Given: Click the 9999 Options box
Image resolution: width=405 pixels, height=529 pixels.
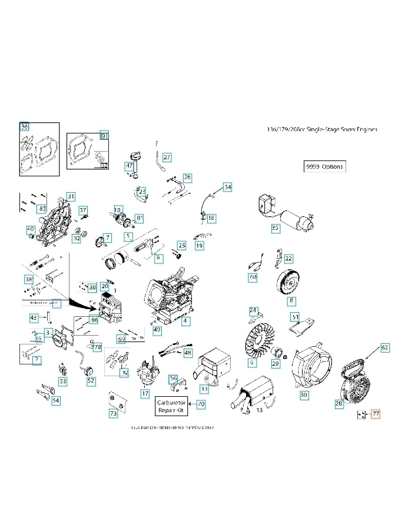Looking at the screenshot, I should [324, 166].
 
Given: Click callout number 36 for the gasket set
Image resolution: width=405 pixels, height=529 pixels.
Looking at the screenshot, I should [24, 126].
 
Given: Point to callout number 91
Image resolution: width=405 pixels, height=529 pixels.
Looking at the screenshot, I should [105, 136].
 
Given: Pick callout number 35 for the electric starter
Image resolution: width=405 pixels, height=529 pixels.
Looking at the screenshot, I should [275, 228].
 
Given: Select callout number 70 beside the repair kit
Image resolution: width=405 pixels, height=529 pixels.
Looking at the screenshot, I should [201, 404].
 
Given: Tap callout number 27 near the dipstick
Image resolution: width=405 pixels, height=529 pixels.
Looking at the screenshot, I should [167, 158].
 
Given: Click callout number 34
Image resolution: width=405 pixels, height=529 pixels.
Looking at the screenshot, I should [227, 188].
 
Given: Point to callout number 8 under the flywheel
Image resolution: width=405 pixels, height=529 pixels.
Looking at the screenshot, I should [291, 302].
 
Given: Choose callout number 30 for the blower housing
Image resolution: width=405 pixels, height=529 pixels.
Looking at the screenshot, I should [304, 396].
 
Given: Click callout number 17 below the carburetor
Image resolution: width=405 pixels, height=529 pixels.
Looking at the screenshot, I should [145, 393].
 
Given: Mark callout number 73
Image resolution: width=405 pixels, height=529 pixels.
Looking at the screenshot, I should [113, 414].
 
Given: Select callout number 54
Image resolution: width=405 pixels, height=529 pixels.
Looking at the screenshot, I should [56, 401].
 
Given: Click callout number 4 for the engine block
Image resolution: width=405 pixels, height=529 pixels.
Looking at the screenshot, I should [185, 322].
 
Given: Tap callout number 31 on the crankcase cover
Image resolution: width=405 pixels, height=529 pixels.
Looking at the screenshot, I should [71, 196].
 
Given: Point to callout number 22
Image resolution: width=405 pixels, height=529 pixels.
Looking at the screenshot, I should [288, 259].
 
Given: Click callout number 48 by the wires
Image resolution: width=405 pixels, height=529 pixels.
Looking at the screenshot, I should [188, 353].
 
